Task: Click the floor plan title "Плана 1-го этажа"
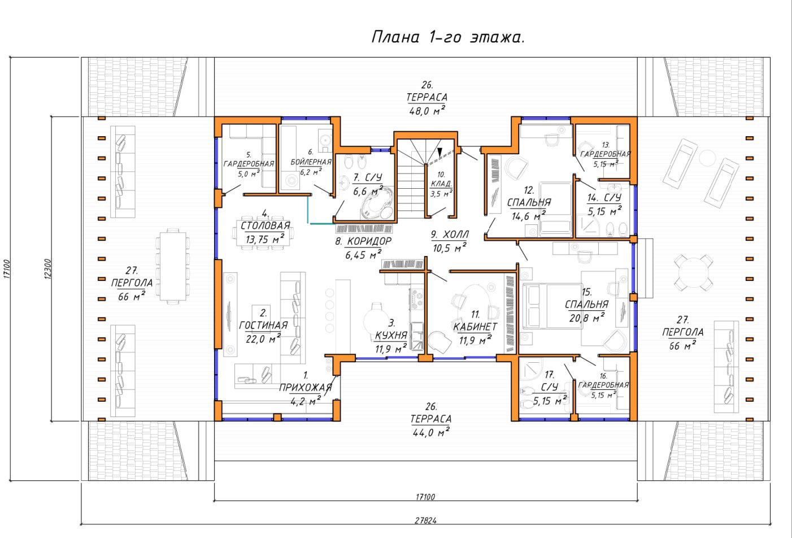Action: click(447, 37)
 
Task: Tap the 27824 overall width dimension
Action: click(426, 520)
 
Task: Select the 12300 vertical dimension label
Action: click(48, 269)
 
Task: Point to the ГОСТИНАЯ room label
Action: click(263, 325)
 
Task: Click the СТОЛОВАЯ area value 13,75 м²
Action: click(265, 239)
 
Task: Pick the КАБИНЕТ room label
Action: click(475, 327)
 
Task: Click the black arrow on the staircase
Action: click(439, 152)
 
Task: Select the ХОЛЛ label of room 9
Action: click(456, 234)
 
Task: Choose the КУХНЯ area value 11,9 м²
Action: click(391, 349)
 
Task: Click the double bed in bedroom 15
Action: click(552, 306)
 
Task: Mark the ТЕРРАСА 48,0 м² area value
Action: click(427, 110)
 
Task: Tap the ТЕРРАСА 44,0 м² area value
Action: click(431, 432)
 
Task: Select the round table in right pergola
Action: click(693, 273)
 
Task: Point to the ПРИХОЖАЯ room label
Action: click(306, 388)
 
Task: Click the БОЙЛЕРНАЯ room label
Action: click(311, 162)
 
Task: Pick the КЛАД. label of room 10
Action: click(441, 184)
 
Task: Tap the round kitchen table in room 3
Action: click(377, 321)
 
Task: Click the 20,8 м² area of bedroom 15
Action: click(586, 318)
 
